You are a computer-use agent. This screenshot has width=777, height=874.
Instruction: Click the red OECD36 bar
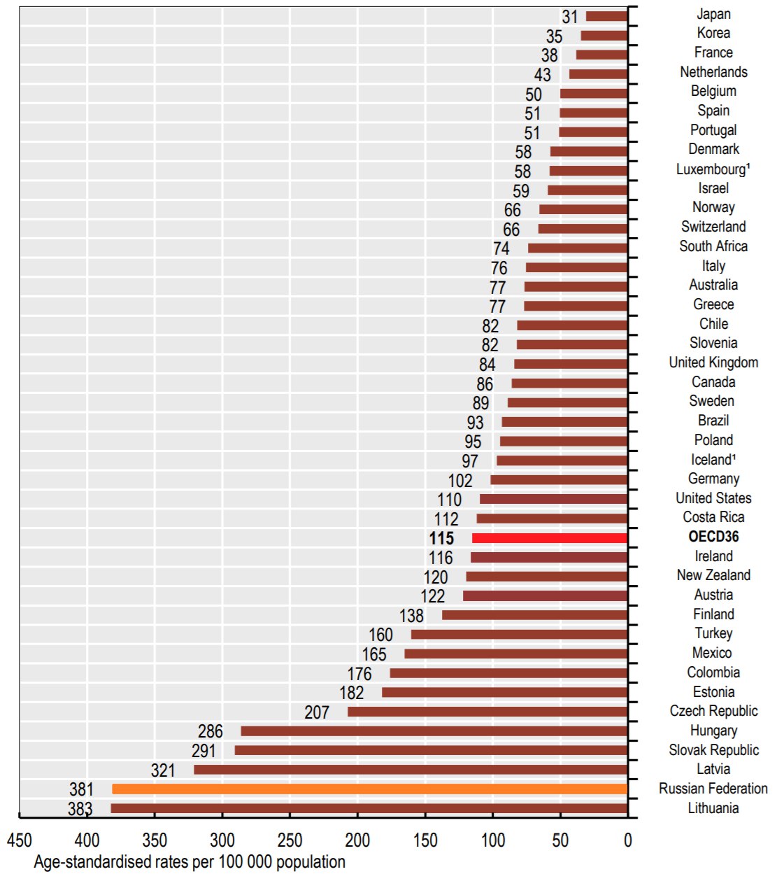click(x=550, y=538)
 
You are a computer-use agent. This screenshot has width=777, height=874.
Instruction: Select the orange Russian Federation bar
click(x=369, y=789)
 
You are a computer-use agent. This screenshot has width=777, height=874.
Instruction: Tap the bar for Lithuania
click(x=369, y=809)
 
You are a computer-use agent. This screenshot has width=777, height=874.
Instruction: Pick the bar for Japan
click(x=606, y=16)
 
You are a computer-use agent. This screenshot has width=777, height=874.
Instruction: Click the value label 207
click(x=317, y=712)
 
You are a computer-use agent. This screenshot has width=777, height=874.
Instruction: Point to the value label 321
click(x=163, y=770)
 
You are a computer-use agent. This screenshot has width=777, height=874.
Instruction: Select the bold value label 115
click(x=441, y=538)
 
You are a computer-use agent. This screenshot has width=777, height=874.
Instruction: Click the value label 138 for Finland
click(x=411, y=616)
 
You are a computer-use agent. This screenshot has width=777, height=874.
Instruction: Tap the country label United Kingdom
click(x=713, y=362)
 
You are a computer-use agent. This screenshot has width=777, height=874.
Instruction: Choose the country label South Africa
click(x=713, y=246)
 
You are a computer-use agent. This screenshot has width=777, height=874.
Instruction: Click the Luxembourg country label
click(x=713, y=169)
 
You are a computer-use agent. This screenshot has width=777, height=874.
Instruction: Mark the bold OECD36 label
click(x=713, y=537)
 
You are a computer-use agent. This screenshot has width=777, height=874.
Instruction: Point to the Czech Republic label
click(x=713, y=711)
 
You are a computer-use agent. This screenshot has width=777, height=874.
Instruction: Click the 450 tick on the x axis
click(x=20, y=840)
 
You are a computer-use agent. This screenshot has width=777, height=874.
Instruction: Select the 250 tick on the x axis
click(x=290, y=840)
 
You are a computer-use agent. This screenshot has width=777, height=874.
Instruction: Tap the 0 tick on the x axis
click(x=627, y=840)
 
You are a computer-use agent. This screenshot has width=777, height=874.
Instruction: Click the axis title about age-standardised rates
click(x=190, y=862)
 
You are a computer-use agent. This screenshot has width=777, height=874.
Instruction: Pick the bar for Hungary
click(x=434, y=731)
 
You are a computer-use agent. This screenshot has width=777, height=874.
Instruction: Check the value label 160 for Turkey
click(x=380, y=635)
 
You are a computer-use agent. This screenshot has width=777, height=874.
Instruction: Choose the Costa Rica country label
click(x=713, y=517)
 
